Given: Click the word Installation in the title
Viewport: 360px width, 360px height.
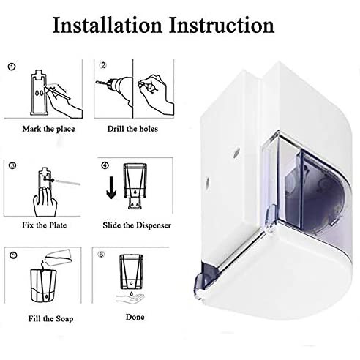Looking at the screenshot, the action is tap(108, 25).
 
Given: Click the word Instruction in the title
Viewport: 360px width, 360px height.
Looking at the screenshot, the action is tap(222, 25).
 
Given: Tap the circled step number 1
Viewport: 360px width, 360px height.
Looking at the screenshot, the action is tap(12, 67).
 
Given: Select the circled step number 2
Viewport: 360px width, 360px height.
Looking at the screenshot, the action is tap(103, 65).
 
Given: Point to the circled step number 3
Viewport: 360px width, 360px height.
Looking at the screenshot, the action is tap(12, 165).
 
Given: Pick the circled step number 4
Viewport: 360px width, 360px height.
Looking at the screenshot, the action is tap(105, 165).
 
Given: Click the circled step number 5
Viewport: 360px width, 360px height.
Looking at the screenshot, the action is tap(14, 255).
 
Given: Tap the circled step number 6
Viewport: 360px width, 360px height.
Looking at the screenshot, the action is tap(102, 255).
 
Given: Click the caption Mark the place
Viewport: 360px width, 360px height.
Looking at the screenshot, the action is tap(49, 129).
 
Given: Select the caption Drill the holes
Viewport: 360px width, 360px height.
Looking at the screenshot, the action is tap(132, 129).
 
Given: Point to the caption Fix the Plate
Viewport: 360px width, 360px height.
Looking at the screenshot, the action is tap(45, 225).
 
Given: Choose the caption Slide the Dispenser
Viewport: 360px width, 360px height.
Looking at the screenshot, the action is tap(137, 225).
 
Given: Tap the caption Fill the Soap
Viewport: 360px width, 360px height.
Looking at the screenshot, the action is tap(50, 319).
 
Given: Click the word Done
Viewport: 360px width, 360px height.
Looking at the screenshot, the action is tap(135, 317).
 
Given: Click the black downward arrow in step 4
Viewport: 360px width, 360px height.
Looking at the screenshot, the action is tap(111, 187).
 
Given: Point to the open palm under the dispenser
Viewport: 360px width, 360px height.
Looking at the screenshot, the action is tap(131, 299).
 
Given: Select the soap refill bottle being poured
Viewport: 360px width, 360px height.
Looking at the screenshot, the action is tap(58, 257).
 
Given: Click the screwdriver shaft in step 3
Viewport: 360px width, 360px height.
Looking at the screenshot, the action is tap(68, 182).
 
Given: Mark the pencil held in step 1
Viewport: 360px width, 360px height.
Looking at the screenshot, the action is tap(58, 93).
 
